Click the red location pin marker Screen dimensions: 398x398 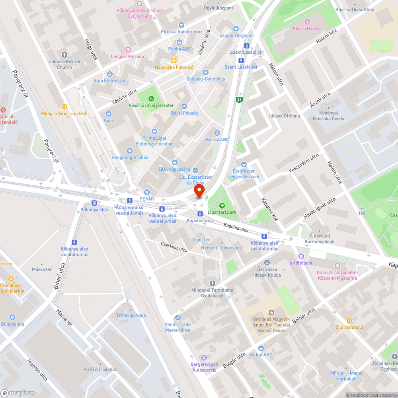199,191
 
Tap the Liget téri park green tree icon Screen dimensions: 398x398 222,206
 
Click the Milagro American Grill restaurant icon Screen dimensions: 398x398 64,107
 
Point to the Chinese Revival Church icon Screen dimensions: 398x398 64,55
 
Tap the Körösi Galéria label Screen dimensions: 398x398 307,29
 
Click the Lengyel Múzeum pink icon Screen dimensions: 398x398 128,50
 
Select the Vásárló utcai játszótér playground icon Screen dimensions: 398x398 151,99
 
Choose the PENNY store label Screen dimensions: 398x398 147,199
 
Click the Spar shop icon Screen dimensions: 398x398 109,114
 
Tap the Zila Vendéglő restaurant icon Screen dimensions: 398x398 349,320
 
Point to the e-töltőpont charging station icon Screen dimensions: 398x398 301,256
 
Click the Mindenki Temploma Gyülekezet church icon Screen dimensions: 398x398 212,283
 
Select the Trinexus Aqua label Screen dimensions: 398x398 131,315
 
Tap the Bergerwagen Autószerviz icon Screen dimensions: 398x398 204,357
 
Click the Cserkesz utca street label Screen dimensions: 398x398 174,247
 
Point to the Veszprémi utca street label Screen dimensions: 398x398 304,164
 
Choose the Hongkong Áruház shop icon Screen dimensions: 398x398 130,151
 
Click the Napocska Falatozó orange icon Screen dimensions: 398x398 174,60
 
